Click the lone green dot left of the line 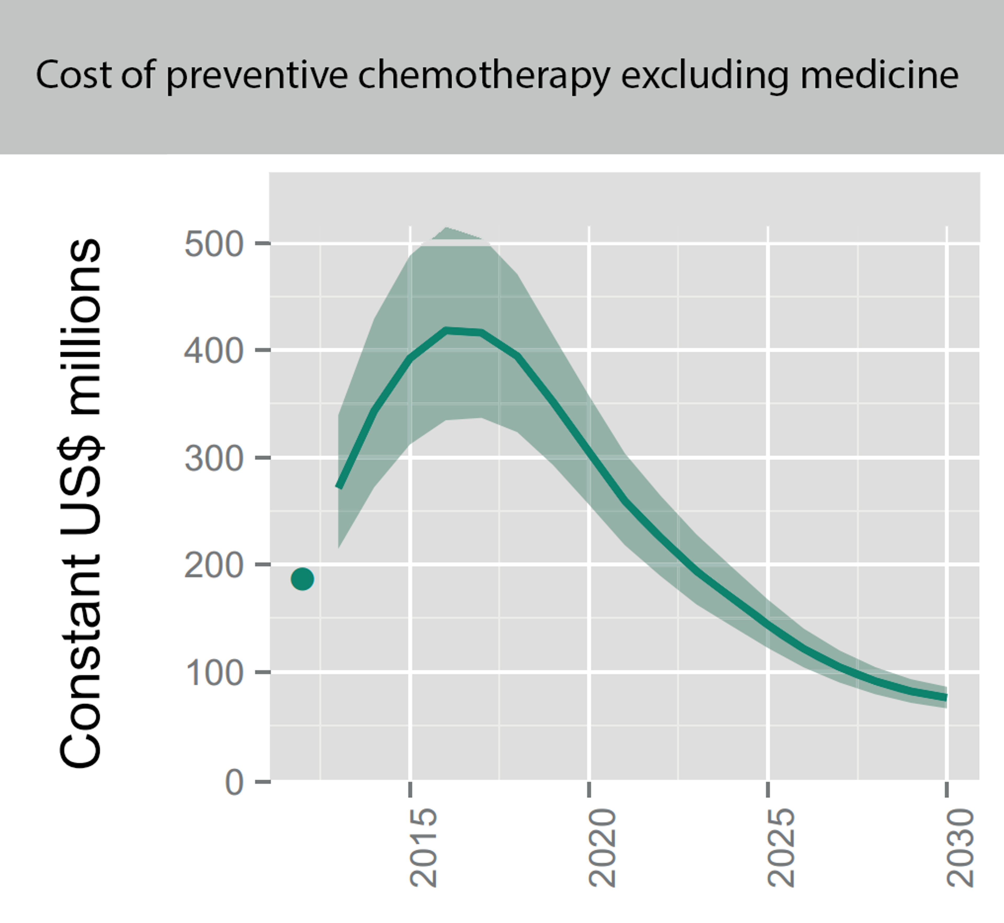[302, 579]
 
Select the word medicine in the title [879, 75]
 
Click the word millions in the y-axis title [80, 327]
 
